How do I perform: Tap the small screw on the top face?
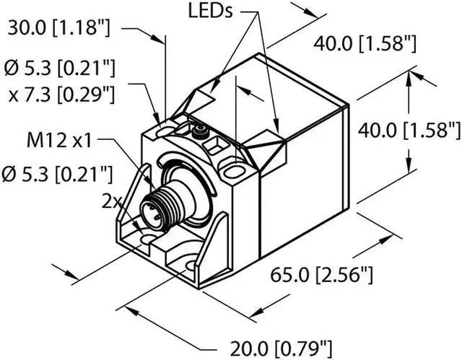point(200,131)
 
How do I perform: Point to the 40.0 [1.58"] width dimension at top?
point(364,44)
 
